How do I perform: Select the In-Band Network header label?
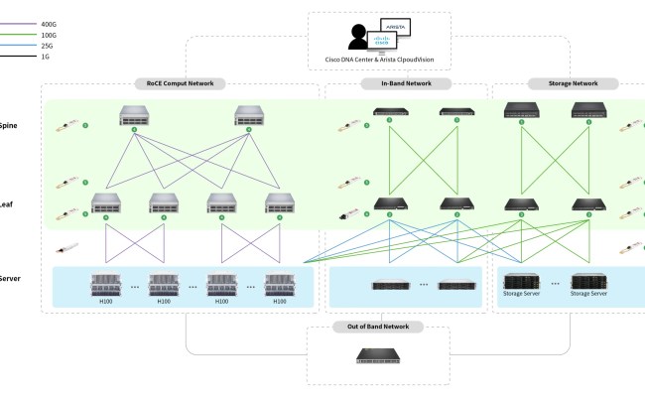pos(406,84)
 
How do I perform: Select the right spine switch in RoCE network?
pos(250,115)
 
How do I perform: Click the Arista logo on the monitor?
pos(391,29)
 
